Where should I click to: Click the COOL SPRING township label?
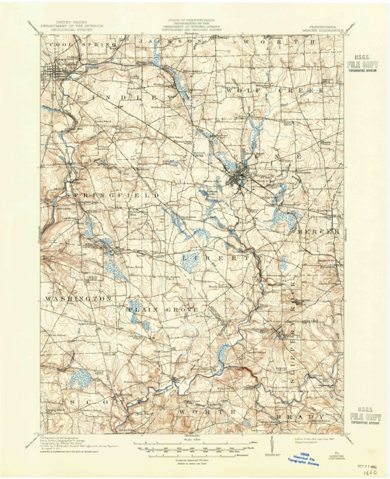pyautogui.click(x=75, y=45)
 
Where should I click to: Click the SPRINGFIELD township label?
pyautogui.click(x=114, y=196)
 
